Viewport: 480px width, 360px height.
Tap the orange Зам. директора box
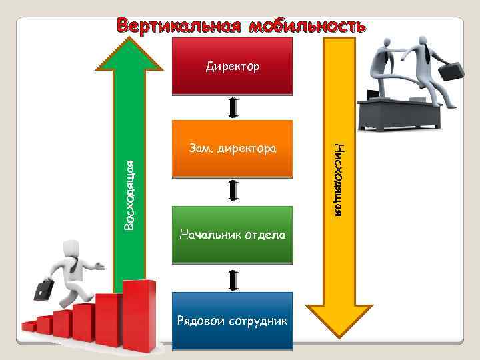232,148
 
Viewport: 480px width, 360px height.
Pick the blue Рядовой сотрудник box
232,321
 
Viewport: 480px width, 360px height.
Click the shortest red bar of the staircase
29,326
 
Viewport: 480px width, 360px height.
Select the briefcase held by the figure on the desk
452,70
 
